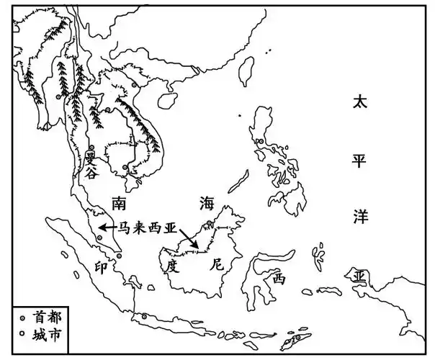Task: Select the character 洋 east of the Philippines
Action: (x=359, y=215)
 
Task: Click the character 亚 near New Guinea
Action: (x=359, y=277)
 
